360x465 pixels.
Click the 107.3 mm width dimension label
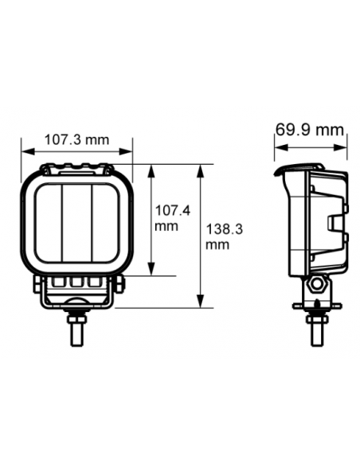click(76, 140)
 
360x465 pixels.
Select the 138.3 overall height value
click(224, 230)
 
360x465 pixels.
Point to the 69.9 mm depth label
click(310, 130)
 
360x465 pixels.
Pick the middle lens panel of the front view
click(76, 224)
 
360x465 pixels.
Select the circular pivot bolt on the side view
click(317, 286)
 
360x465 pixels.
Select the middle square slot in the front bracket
click(76, 281)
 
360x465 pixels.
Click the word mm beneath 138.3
click(217, 244)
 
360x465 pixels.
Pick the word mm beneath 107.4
click(166, 226)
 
